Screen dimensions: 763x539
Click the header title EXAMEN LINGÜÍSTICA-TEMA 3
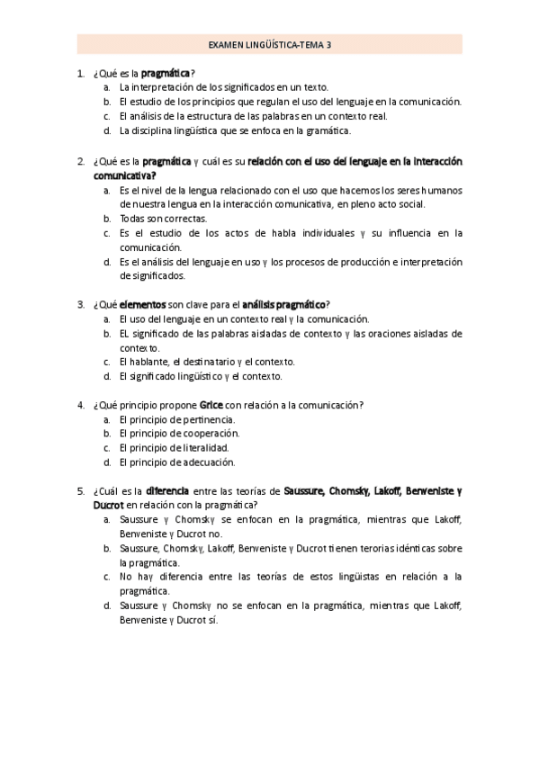click(x=270, y=43)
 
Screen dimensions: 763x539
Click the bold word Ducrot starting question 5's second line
click(x=108, y=505)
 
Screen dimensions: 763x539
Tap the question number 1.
click(x=81, y=73)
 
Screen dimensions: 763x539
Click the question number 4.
click(x=81, y=405)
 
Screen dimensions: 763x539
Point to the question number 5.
click(x=81, y=491)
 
